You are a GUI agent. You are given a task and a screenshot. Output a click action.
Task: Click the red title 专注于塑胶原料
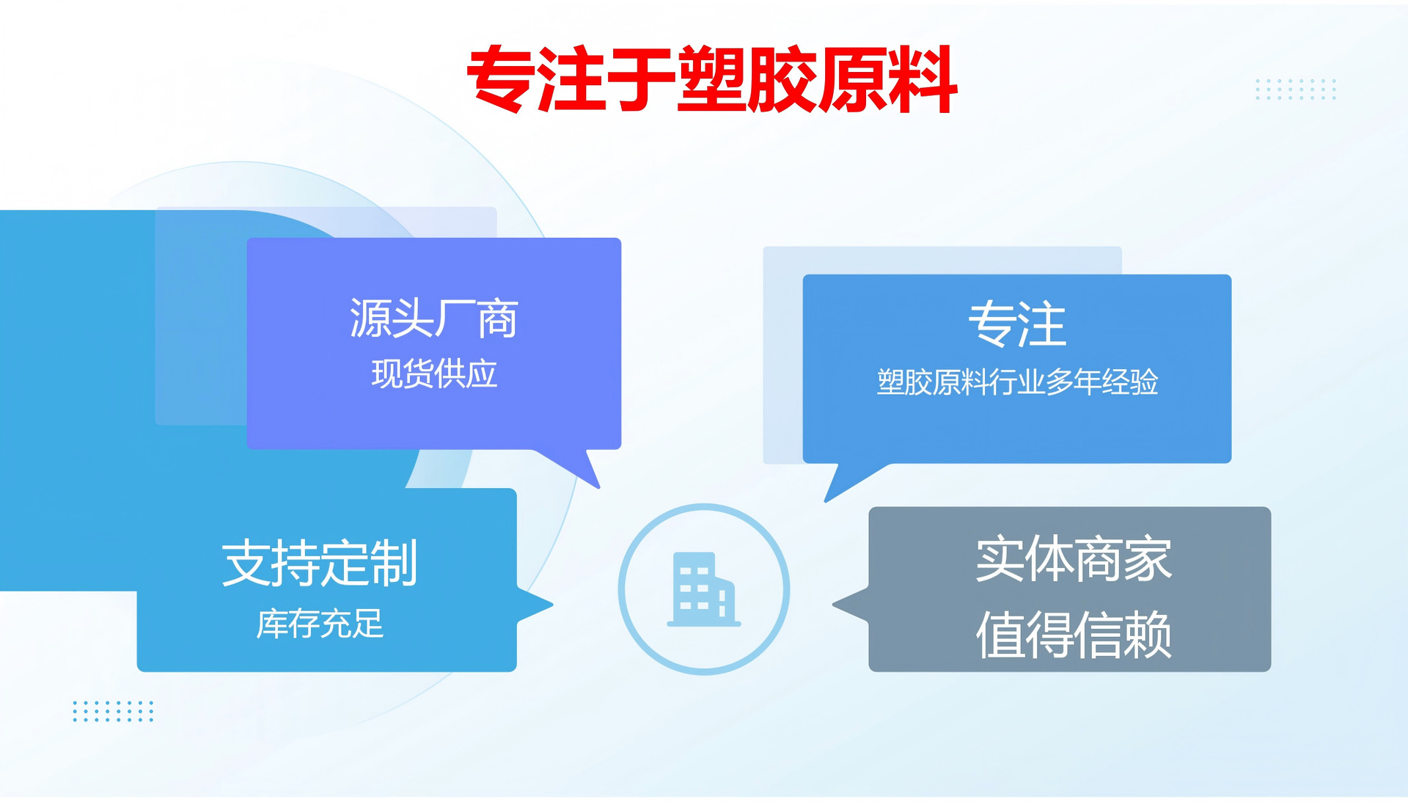(712, 79)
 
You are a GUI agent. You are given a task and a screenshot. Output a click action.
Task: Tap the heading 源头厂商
(433, 318)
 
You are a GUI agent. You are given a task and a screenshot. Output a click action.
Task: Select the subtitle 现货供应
(434, 373)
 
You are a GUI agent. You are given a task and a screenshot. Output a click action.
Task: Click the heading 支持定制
(320, 563)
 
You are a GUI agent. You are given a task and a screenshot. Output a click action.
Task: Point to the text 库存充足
(320, 624)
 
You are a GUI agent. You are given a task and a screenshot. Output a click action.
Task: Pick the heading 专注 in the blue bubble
(1016, 324)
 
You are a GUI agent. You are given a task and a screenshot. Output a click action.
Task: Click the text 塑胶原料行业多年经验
(1017, 382)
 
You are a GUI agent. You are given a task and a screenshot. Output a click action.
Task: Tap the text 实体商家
(1074, 559)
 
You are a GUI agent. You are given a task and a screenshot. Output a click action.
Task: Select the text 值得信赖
(1074, 635)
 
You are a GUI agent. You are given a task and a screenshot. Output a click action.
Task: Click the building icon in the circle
(703, 589)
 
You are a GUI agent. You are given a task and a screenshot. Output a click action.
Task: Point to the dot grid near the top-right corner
(1296, 89)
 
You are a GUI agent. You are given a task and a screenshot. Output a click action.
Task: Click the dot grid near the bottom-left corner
(113, 711)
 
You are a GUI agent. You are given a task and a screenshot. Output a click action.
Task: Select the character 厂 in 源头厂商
(455, 318)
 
